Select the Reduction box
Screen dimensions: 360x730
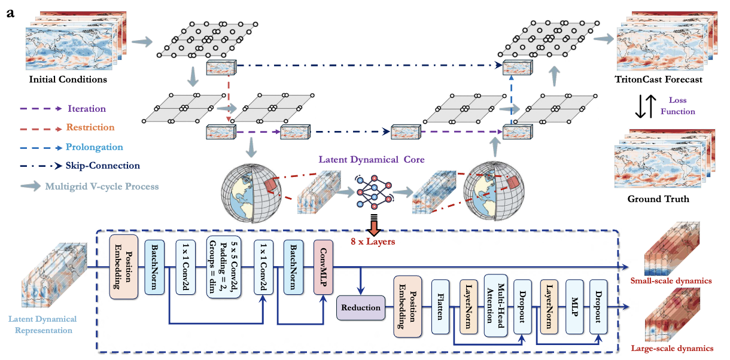click(x=361, y=307)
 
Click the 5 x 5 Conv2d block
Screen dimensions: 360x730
click(x=219, y=267)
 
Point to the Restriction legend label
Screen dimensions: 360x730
click(x=92, y=127)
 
